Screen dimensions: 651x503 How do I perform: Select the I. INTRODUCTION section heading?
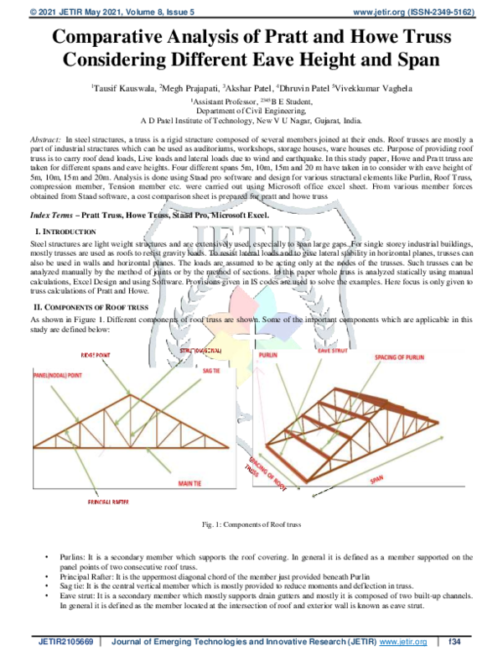[x=68, y=230]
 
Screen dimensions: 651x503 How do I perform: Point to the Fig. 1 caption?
[x=251, y=524]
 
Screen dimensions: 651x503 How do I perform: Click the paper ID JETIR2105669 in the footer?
[x=62, y=643]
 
